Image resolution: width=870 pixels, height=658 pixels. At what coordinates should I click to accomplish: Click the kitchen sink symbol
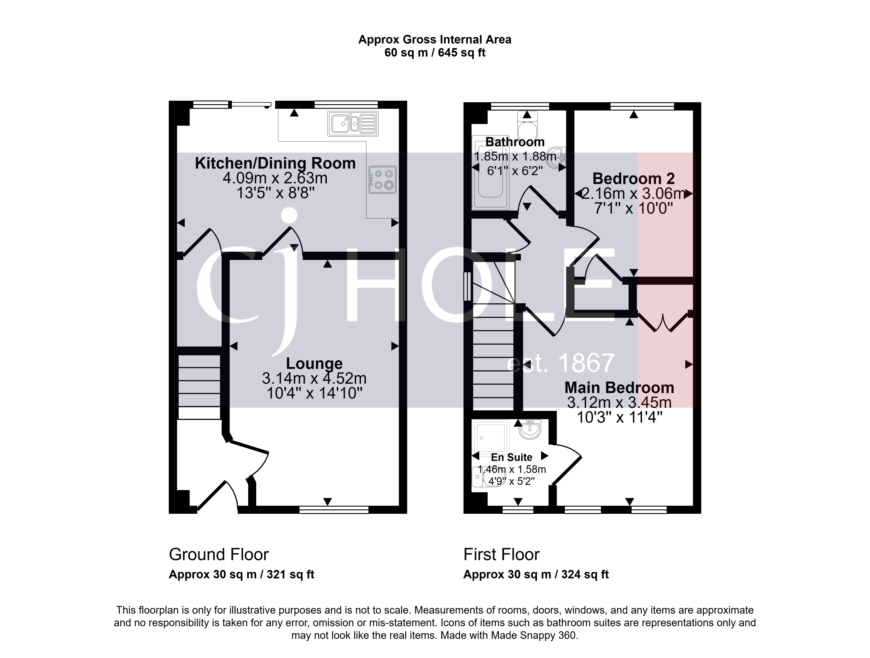coord(353,124)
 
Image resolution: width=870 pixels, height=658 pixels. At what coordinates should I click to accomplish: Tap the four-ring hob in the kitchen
coord(382,179)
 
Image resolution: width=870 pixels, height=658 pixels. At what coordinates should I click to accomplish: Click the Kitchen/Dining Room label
coord(275,163)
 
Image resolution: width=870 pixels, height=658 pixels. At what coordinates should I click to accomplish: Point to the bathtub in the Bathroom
coord(490,172)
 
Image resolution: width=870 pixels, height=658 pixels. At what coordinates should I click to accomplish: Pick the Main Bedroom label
coord(619,388)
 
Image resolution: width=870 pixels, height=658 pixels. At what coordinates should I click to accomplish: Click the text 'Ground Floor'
coord(219,554)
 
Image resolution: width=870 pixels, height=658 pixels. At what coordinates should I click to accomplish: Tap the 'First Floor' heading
coord(502,554)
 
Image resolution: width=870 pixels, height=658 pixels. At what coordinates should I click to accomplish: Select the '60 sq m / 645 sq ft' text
coord(435,53)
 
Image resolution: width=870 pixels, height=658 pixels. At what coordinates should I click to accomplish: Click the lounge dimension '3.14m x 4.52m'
coord(314,378)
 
